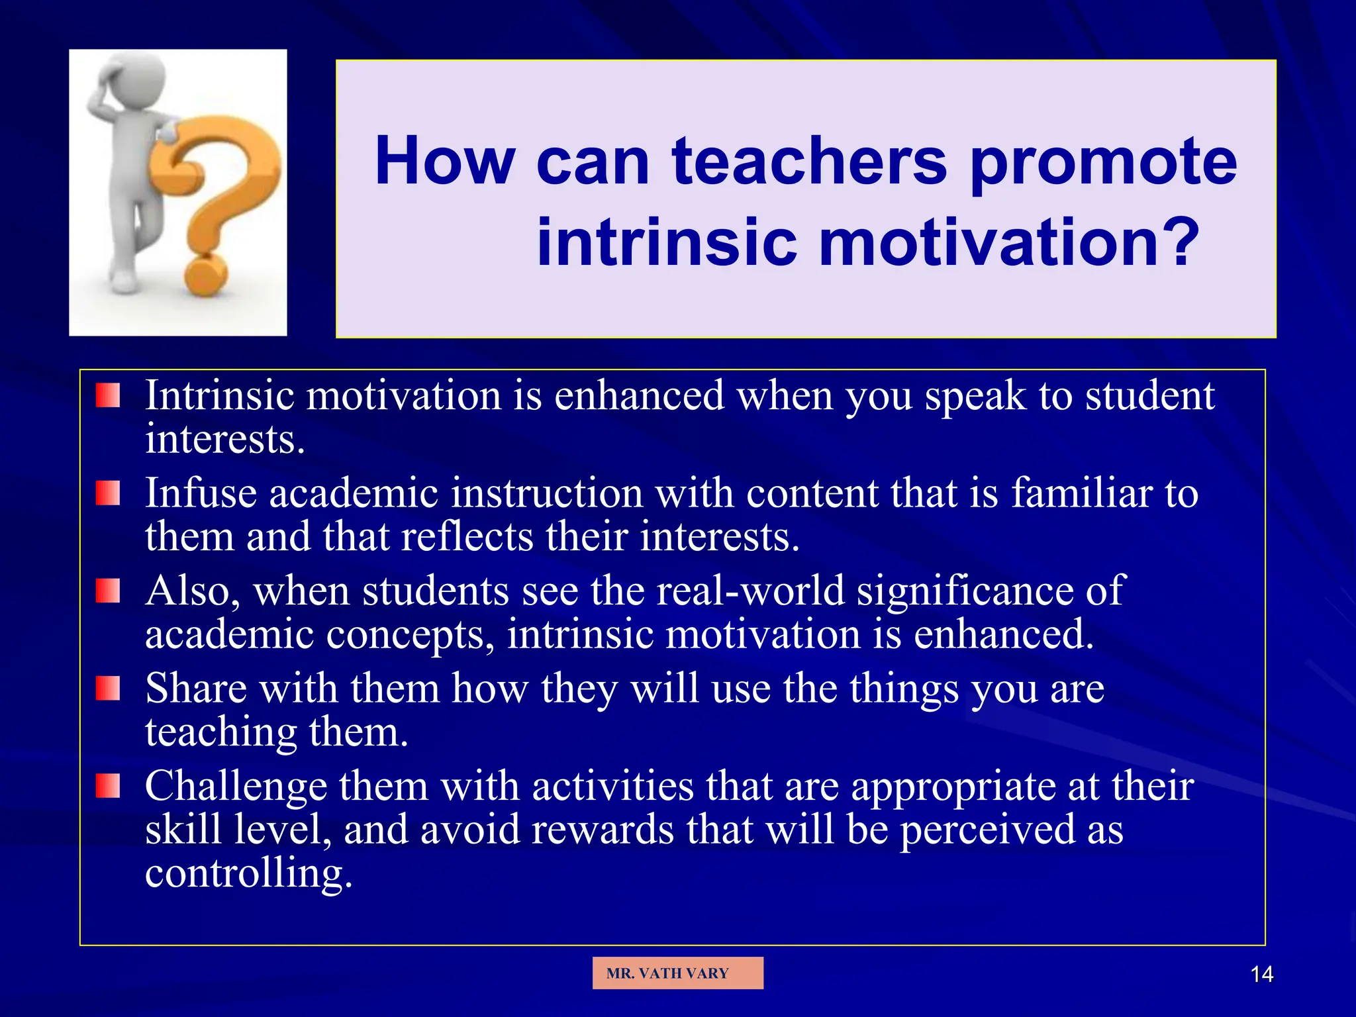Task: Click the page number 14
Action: [1261, 974]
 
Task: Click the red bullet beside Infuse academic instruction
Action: [107, 493]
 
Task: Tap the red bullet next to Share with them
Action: [107, 689]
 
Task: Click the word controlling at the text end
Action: [248, 873]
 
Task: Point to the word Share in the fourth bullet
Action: [195, 689]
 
